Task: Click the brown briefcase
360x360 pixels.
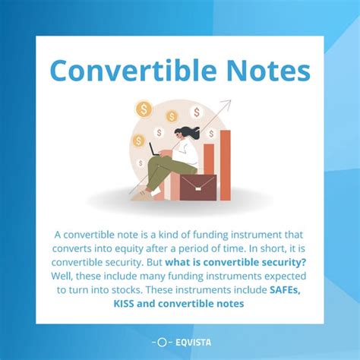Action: pyautogui.click(x=197, y=187)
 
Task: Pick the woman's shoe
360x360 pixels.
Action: pyautogui.click(x=140, y=195)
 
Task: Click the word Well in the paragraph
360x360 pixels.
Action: pyautogui.click(x=65, y=276)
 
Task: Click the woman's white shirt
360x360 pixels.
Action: pyautogui.click(x=189, y=156)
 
